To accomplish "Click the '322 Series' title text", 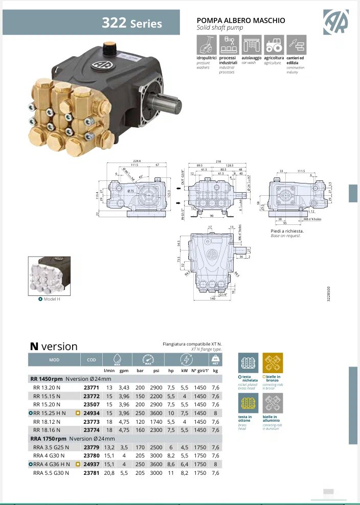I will click(x=131, y=24).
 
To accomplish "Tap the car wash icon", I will click(x=251, y=45).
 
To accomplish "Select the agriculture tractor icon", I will click(x=274, y=45).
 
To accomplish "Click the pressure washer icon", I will click(x=206, y=45).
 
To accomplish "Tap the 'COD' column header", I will click(x=92, y=359).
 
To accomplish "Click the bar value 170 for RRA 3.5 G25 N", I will click(x=140, y=447).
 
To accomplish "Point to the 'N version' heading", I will click(x=54, y=346).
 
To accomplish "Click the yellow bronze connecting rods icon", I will click(x=273, y=363).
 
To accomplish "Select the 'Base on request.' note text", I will click(x=287, y=236).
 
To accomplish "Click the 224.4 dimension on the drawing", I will click(x=136, y=161).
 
